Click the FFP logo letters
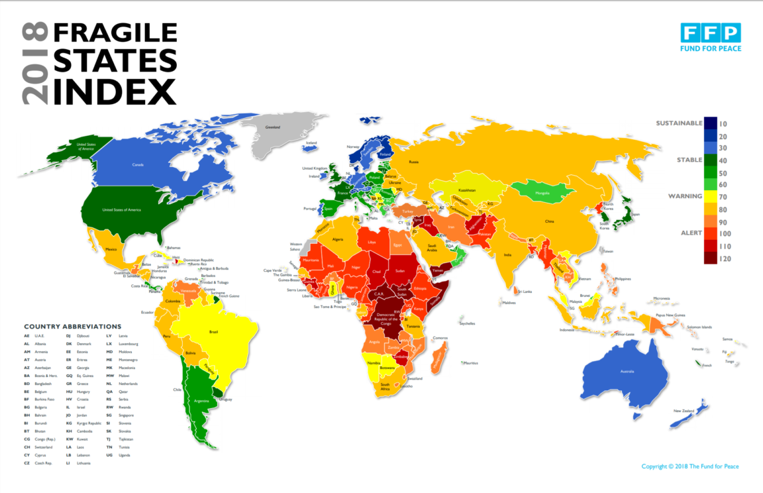[711, 32]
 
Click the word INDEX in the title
[115, 91]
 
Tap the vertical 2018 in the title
[34, 64]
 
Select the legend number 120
[724, 258]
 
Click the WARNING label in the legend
[686, 196]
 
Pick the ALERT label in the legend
[691, 233]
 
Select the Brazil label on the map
[213, 331]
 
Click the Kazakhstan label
[466, 190]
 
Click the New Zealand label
[683, 411]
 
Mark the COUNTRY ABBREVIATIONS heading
[72, 327]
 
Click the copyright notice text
[689, 466]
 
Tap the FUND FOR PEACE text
[711, 48]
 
